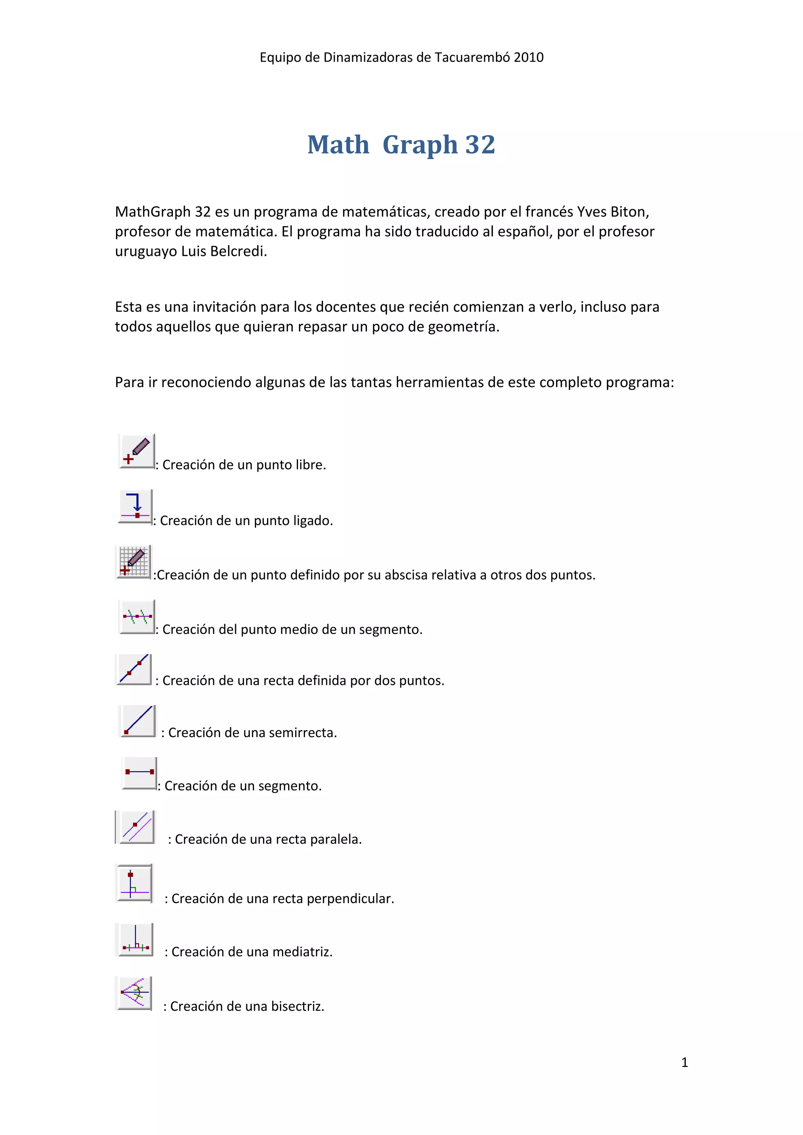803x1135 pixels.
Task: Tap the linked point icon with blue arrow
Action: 135,506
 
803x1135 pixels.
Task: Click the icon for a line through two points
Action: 134,669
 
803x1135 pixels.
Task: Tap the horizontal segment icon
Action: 140,772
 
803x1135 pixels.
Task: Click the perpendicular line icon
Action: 134,883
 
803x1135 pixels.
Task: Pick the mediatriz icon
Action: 134,939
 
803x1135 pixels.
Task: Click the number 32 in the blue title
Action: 480,145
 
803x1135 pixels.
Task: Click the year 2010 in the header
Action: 529,57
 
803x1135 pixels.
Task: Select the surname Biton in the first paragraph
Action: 629,211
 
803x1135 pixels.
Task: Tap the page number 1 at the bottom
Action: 684,1062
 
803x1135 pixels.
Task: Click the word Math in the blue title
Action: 338,145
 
